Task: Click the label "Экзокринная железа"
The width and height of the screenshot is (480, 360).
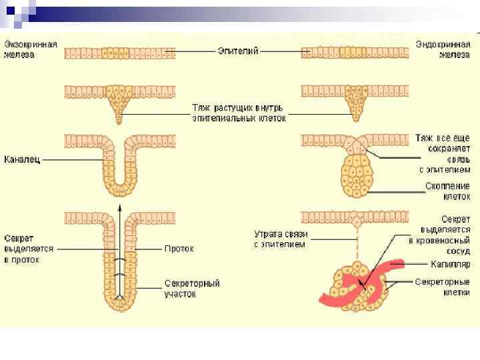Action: coord(31,49)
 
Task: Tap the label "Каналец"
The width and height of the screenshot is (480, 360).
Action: coord(23,160)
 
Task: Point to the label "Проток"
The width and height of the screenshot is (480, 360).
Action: coord(179,249)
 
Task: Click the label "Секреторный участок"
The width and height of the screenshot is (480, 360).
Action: coord(192,288)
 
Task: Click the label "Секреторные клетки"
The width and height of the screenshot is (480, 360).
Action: coord(442,287)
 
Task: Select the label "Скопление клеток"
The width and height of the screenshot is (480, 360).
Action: coord(447,191)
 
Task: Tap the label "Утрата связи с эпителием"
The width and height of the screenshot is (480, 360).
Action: coord(279,239)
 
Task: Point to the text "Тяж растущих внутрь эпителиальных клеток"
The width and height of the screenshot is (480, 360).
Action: coord(238,112)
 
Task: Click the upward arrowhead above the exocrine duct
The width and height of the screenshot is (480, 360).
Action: coord(119,207)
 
